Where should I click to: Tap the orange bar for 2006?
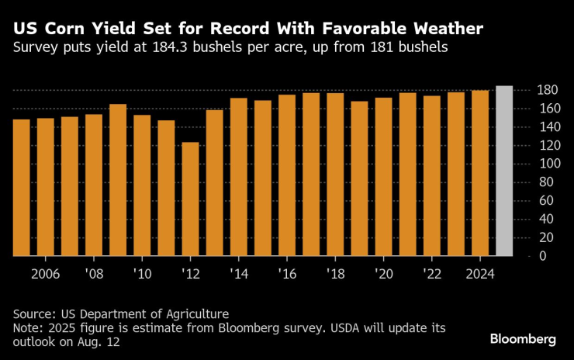tap(46, 187)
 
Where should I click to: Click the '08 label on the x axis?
tap(94, 274)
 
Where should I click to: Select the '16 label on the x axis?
tap(287, 274)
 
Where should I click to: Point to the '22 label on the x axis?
tap(432, 274)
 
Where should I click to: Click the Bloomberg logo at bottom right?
tap(523, 339)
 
